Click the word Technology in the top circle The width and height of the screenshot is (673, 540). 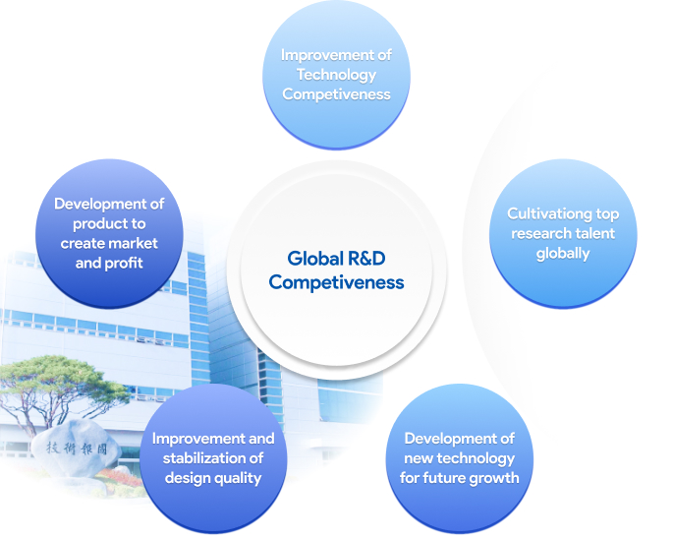(336, 75)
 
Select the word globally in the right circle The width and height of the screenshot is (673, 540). (563, 254)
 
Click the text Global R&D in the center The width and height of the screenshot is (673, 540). (336, 258)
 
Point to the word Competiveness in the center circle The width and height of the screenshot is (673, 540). (336, 282)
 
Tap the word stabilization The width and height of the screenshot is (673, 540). (197, 458)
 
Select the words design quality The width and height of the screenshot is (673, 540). (213, 478)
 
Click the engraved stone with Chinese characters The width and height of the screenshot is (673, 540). (76, 449)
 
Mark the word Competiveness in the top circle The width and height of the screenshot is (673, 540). (336, 94)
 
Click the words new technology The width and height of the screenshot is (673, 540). (459, 458)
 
